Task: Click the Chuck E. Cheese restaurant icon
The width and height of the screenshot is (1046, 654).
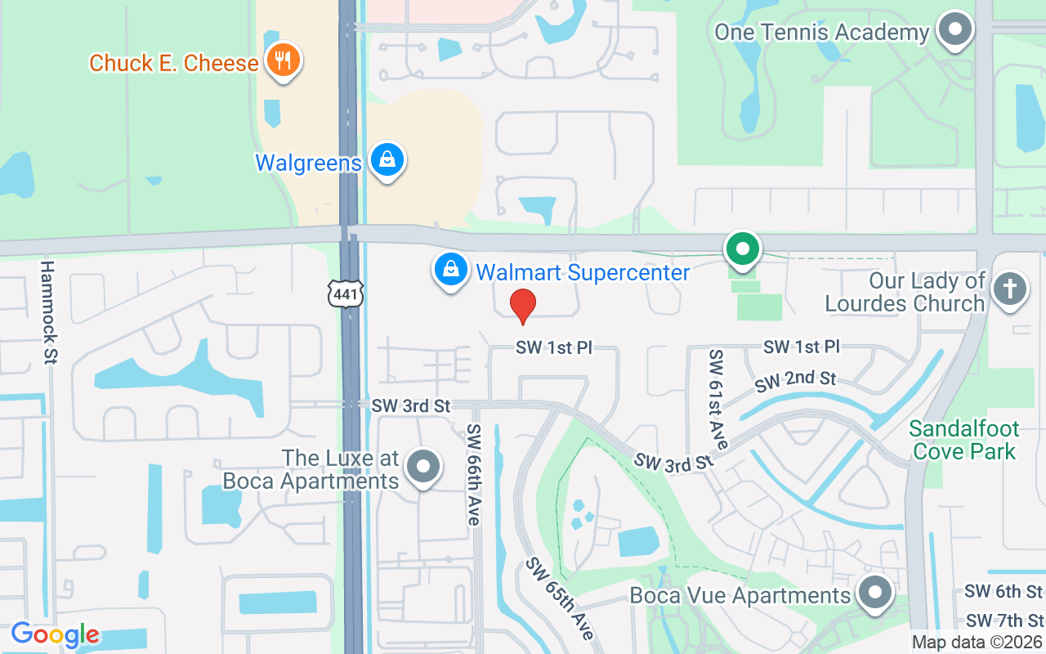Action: (x=283, y=61)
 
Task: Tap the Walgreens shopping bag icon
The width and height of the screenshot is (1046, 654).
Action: (x=387, y=161)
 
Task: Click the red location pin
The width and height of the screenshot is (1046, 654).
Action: (x=523, y=306)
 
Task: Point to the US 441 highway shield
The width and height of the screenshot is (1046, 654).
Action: (x=345, y=293)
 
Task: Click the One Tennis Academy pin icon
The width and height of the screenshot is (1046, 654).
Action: (x=954, y=30)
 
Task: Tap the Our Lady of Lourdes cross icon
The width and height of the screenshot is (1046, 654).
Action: (x=1010, y=290)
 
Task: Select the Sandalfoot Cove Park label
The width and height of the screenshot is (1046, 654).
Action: (x=964, y=440)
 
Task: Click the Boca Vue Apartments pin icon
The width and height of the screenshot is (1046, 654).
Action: (x=875, y=593)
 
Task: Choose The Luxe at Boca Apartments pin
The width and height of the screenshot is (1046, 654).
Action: (x=423, y=467)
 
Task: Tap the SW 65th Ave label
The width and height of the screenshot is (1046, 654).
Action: (x=559, y=599)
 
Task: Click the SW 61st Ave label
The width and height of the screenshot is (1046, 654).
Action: (x=718, y=399)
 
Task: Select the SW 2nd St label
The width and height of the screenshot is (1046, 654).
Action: (x=795, y=380)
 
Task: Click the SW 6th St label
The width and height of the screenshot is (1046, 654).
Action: (x=1004, y=591)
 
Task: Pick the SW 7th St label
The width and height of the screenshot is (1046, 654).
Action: (x=1004, y=620)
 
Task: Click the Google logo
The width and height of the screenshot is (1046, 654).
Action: (x=56, y=634)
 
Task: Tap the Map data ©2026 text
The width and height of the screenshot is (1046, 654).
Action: (x=977, y=643)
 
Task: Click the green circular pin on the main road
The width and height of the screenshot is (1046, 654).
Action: (x=743, y=249)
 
